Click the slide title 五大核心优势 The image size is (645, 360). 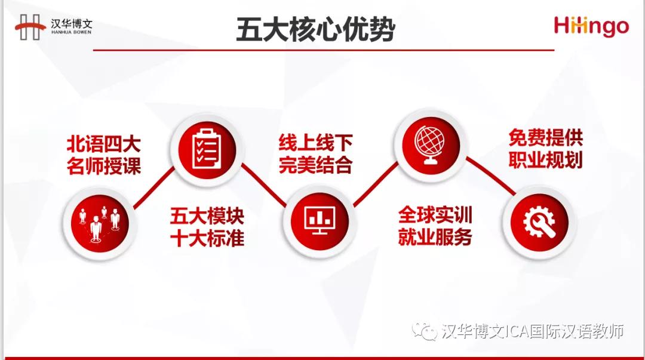click(x=315, y=29)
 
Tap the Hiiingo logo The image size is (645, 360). click(x=591, y=26)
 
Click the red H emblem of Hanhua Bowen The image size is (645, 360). click(x=30, y=27)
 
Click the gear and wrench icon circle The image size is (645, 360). click(x=539, y=223)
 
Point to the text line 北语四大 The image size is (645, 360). click(x=104, y=144)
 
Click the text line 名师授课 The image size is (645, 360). click(x=104, y=166)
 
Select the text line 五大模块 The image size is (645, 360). click(x=207, y=216)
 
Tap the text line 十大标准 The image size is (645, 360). click(x=207, y=238)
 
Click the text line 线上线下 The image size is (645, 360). click(x=315, y=142)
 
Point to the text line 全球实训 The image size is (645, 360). click(x=435, y=214)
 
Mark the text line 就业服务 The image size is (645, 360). click(x=435, y=237)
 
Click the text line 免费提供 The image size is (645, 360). click(x=546, y=137)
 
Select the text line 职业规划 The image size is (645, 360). click(x=546, y=159)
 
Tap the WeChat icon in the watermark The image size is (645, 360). click(x=424, y=331)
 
